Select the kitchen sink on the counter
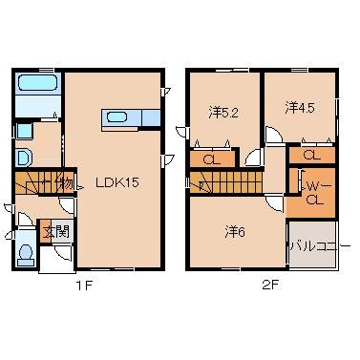[118, 118]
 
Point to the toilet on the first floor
[27, 252]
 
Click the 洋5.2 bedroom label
[223, 111]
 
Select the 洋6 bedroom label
[235, 230]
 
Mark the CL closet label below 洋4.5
[311, 154]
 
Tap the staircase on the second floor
[225, 178]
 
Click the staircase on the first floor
[34, 183]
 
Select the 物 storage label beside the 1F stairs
[65, 182]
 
